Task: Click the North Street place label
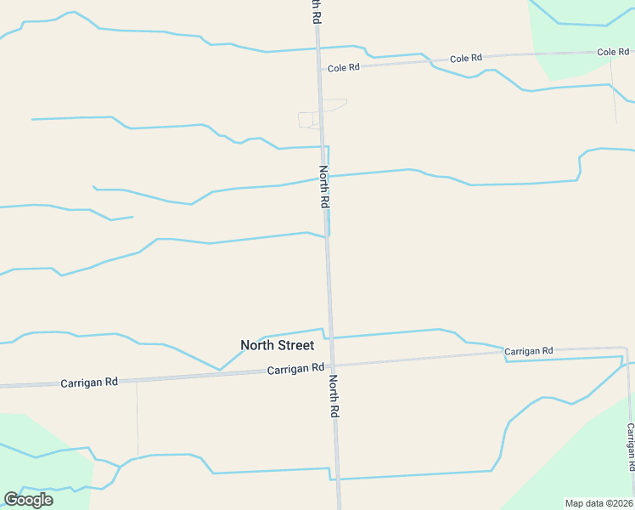click(x=277, y=345)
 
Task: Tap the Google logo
click(x=28, y=500)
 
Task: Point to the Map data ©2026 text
click(x=599, y=503)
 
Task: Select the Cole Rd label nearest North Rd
click(x=345, y=67)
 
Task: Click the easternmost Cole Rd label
click(x=612, y=52)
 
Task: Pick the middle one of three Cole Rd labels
click(x=465, y=58)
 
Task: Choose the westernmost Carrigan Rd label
click(x=89, y=382)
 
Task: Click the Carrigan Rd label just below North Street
click(x=295, y=369)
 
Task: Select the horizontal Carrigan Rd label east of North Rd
click(x=528, y=350)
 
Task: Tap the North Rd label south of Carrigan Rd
click(x=334, y=396)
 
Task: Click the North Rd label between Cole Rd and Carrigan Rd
click(x=323, y=187)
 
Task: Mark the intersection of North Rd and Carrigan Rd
click(x=332, y=365)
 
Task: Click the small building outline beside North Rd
click(x=307, y=120)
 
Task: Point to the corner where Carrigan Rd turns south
click(x=626, y=348)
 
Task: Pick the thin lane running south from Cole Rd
click(x=613, y=89)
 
